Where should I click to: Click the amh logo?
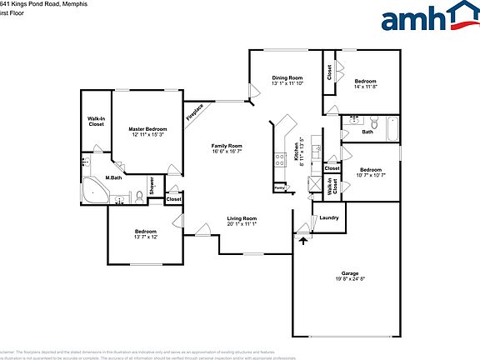(x=425, y=17)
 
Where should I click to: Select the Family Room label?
(x=227, y=146)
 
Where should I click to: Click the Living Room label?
(x=242, y=218)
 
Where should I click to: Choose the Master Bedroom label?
(x=147, y=129)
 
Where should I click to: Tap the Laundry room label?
(x=328, y=218)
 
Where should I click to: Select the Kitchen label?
(x=296, y=152)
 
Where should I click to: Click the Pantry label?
(x=279, y=187)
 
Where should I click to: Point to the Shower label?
(x=152, y=187)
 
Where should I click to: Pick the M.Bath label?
(x=113, y=178)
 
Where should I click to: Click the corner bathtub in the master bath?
(x=94, y=190)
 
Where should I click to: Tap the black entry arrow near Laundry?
(x=302, y=240)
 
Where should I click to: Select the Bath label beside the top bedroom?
(x=367, y=132)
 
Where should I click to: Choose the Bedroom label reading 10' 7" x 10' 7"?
(x=371, y=169)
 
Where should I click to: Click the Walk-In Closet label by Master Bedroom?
(x=96, y=122)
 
